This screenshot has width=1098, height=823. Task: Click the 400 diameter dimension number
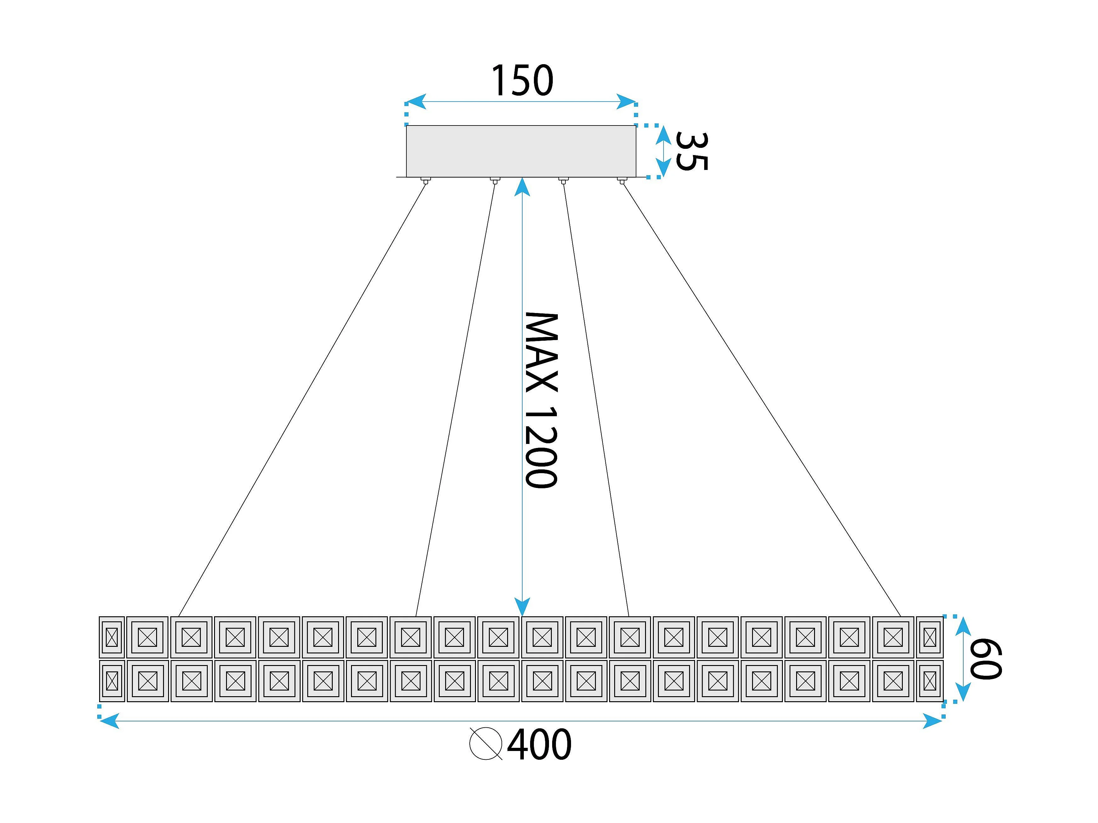tap(539, 745)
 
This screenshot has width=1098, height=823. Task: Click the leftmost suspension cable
tap(303, 397)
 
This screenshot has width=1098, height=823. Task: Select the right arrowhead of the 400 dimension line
tap(932, 721)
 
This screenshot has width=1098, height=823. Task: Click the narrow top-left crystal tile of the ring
tap(112, 637)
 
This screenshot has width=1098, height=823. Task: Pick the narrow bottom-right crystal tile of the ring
tap(930, 680)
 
